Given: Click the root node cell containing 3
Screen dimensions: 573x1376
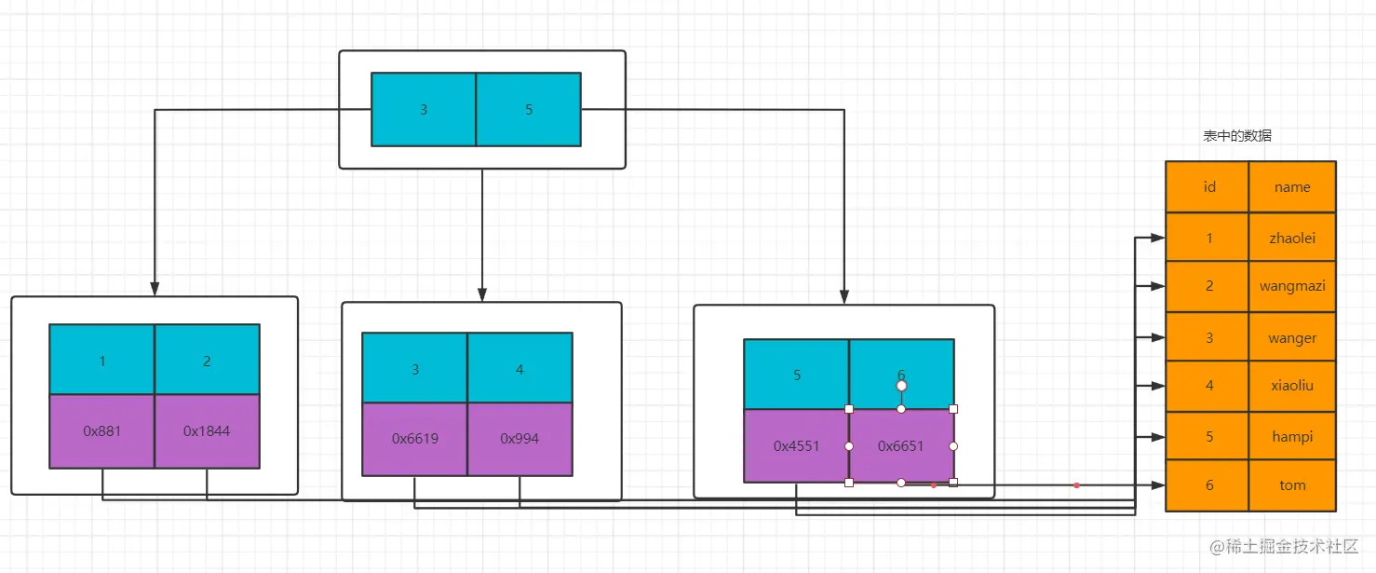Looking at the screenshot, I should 424,110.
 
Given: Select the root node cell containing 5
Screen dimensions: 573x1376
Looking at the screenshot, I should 529,110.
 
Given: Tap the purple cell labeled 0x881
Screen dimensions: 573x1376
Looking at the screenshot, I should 102,431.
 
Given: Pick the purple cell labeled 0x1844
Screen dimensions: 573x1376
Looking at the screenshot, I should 207,431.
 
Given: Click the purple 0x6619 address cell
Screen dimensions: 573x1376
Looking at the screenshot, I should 415,439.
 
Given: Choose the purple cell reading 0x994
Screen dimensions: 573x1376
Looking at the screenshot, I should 519,439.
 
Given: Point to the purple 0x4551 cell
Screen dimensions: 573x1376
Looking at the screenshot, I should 797,446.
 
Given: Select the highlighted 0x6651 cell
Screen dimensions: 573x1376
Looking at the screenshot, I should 901,446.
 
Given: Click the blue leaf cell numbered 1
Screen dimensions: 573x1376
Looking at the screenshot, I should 102,361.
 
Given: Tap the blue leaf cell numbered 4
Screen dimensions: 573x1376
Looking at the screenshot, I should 519,369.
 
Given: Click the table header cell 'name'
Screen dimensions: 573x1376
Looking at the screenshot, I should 1292,187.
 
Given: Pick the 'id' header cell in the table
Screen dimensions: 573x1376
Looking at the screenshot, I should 1208,187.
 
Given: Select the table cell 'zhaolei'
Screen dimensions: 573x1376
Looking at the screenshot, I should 1292,239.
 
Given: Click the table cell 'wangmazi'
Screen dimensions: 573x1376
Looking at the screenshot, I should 1292,286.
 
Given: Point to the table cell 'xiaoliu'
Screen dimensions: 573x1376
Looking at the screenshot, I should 1292,385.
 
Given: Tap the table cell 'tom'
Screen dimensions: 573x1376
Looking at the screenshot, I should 1292,485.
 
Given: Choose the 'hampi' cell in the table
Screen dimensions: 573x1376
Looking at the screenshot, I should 1292,437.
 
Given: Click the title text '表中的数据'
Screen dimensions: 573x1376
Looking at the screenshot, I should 1237,136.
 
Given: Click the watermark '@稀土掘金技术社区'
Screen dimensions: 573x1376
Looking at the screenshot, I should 1285,546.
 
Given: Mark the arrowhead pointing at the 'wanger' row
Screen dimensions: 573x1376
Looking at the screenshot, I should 1158,337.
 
